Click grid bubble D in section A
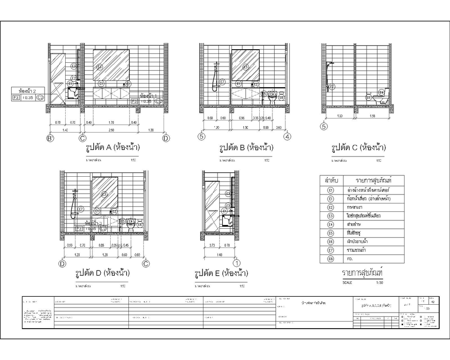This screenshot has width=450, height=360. [x=165, y=138]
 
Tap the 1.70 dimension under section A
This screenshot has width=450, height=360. [x=111, y=123]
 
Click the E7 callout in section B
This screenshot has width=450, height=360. [x=223, y=82]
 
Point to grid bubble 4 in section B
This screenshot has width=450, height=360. [x=287, y=137]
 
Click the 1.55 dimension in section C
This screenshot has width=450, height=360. [x=372, y=116]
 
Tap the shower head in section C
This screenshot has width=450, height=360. [x=331, y=63]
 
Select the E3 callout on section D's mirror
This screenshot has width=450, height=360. [x=104, y=194]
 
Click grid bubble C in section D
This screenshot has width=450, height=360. [x=146, y=263]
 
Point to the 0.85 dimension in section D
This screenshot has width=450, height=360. [x=102, y=245]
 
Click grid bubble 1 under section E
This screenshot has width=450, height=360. [x=237, y=263]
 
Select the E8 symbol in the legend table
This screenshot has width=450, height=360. [x=330, y=258]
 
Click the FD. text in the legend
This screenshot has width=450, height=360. [x=350, y=258]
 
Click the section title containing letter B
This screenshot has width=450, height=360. [x=247, y=148]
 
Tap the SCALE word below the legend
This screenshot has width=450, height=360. [x=347, y=283]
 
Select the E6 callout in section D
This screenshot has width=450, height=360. [x=139, y=225]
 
